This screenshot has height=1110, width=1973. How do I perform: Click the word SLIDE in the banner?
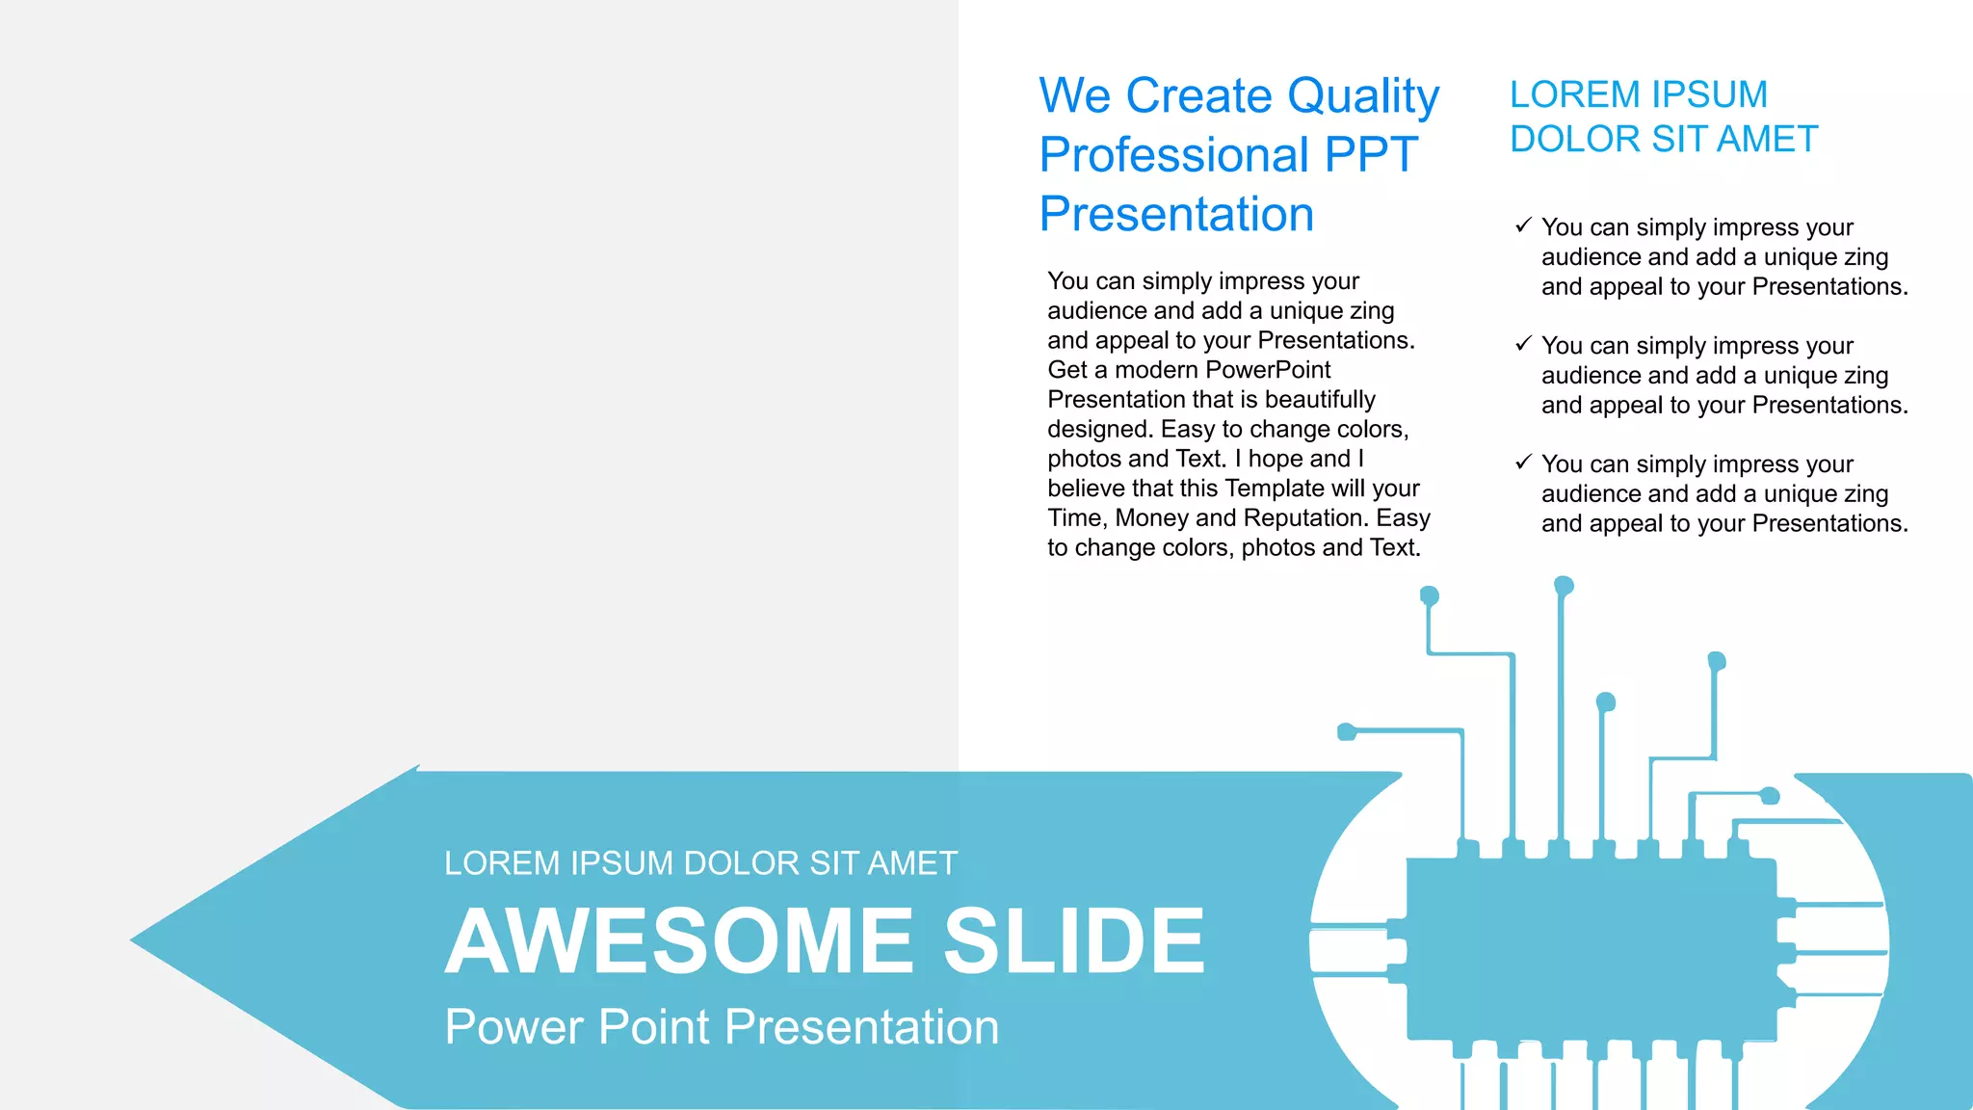click(x=1073, y=941)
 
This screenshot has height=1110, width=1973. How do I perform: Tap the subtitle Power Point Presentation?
click(x=722, y=1027)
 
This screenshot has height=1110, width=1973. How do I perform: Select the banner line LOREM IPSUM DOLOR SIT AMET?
click(x=700, y=863)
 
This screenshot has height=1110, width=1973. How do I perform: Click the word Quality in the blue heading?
click(x=1362, y=97)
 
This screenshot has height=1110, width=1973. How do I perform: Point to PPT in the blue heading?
click(x=1371, y=155)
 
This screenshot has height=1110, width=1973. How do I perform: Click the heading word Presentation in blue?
click(x=1176, y=214)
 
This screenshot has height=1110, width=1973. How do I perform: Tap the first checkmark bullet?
click(x=1523, y=225)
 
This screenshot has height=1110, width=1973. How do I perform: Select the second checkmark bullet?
click(x=1523, y=344)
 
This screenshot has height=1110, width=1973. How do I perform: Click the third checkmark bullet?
click(x=1523, y=462)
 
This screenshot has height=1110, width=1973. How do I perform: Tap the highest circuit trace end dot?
click(x=1564, y=586)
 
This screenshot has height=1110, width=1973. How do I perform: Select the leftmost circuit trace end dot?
click(x=1347, y=732)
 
